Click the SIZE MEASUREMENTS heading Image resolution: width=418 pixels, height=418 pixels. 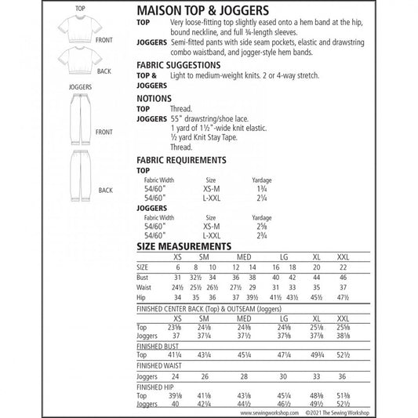point(184,245)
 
